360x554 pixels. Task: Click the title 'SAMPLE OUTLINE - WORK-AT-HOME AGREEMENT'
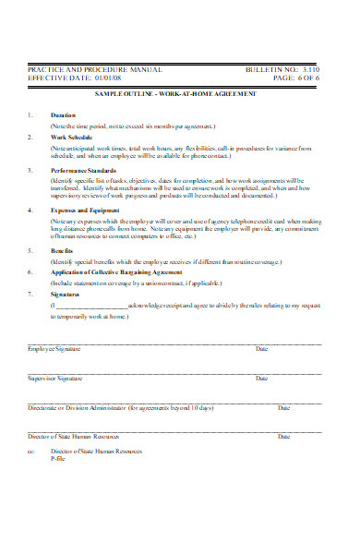tap(174, 94)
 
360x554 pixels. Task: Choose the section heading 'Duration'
tap(64, 115)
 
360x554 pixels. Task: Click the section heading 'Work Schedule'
tap(71, 136)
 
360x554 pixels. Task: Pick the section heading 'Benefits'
tap(63, 249)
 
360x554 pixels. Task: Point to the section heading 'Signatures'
tap(66, 293)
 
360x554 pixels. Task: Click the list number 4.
tap(30, 211)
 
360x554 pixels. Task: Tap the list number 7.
tap(30, 293)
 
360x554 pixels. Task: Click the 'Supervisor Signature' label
tap(55, 379)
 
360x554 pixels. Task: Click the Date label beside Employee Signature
tap(261, 349)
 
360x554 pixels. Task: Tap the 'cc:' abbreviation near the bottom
tap(30, 452)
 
